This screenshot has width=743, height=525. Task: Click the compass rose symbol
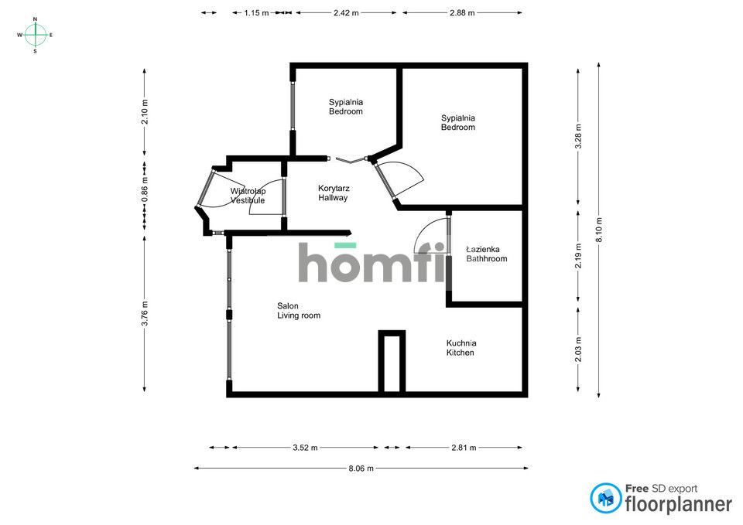click(x=35, y=35)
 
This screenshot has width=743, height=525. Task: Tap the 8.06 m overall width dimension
click(x=361, y=469)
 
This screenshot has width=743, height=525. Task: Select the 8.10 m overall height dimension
click(x=598, y=230)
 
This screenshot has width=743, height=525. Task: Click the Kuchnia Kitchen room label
click(x=461, y=348)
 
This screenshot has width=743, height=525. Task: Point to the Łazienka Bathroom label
click(x=486, y=254)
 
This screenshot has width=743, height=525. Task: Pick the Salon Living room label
click(x=299, y=310)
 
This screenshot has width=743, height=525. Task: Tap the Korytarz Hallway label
click(x=333, y=193)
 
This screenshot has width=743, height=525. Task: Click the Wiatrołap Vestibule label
click(x=248, y=195)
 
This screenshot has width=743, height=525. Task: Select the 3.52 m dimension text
click(x=304, y=448)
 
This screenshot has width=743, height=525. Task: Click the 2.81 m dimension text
click(x=464, y=448)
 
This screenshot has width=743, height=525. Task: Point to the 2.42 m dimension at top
click(x=346, y=13)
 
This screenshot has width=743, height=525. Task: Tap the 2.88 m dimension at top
click(x=462, y=13)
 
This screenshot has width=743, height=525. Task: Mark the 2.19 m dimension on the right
click(x=578, y=256)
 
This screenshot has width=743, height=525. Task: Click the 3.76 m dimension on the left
click(x=145, y=313)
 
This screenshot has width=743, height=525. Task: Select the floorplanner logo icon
click(x=606, y=499)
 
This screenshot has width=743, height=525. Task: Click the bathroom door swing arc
click(x=430, y=236)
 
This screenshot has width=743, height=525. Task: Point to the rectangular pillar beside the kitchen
click(x=392, y=362)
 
